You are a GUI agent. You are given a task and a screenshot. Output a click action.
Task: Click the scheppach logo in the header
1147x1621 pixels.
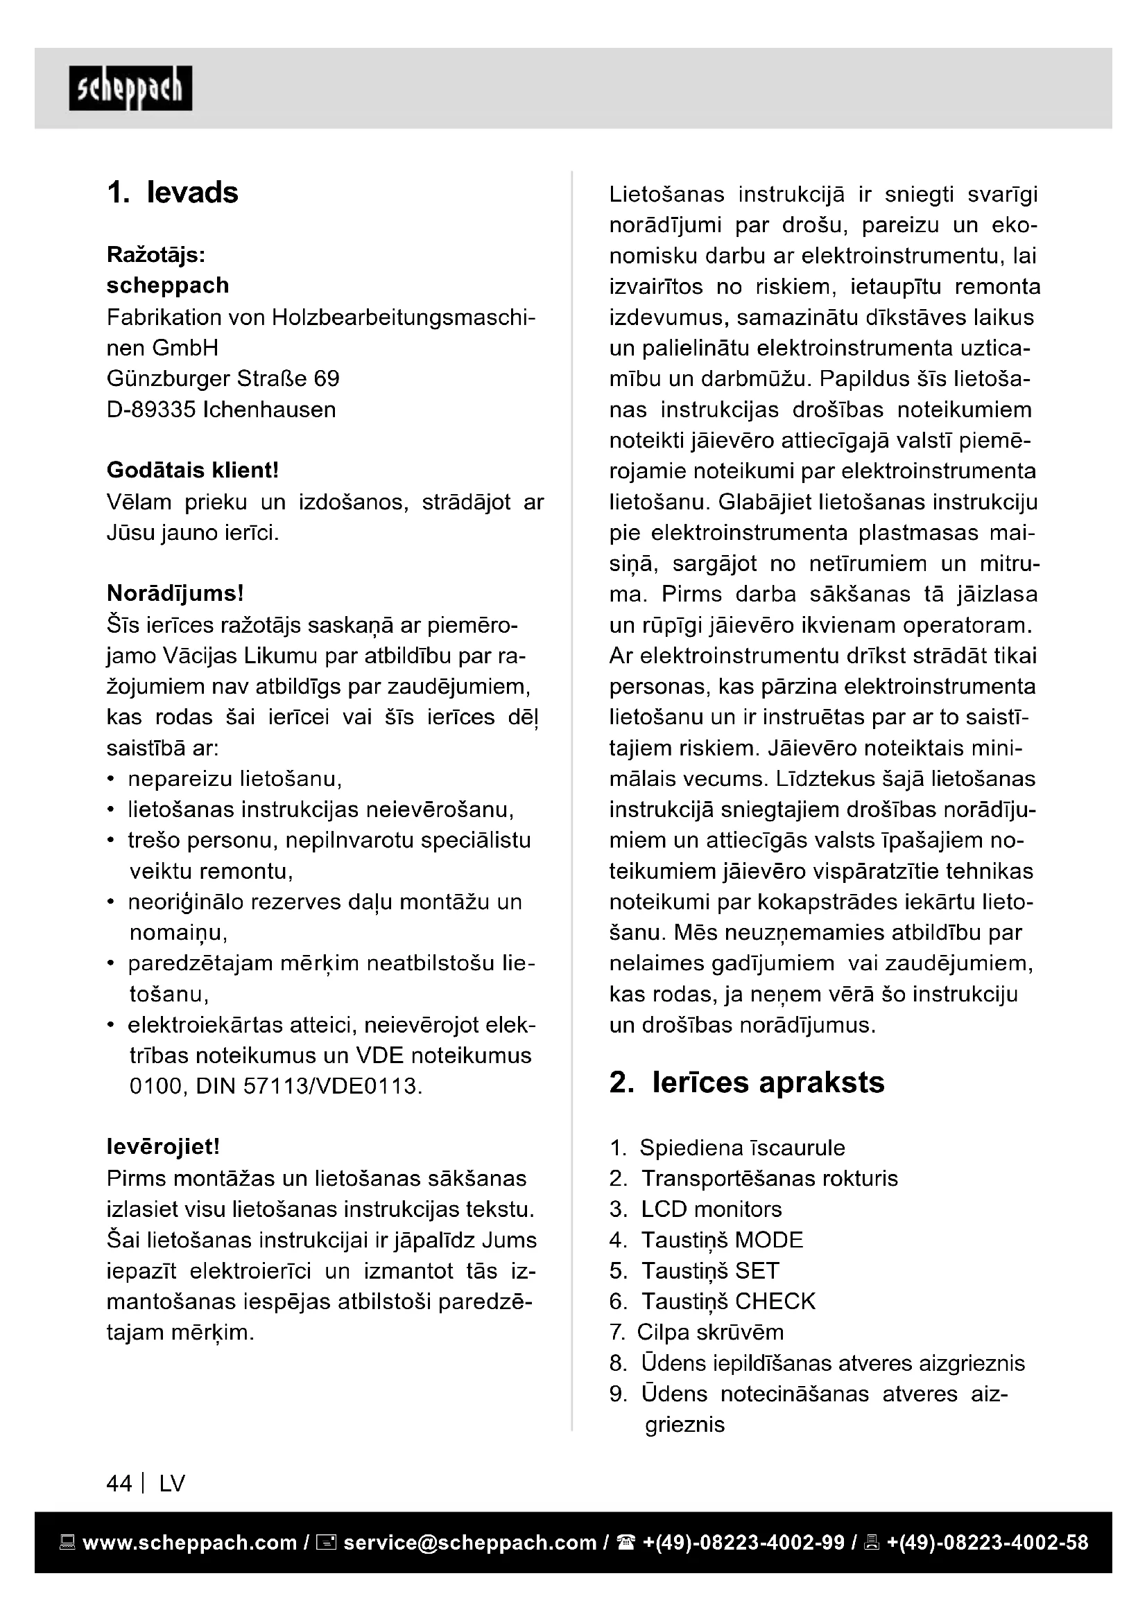click(x=130, y=89)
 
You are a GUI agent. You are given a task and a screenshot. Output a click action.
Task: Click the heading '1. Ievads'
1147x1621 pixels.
click(x=173, y=193)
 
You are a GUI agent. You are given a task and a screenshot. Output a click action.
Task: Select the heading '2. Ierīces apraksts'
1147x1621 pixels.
click(x=747, y=1083)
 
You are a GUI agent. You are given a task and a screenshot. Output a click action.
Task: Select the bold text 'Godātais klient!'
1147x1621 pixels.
click(x=193, y=470)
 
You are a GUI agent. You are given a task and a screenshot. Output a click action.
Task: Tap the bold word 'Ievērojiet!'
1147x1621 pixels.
click(x=163, y=1146)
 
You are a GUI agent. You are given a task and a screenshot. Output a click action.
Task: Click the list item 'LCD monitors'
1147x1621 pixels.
click(x=712, y=1209)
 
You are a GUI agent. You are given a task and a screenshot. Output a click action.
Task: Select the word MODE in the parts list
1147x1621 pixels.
click(x=768, y=1240)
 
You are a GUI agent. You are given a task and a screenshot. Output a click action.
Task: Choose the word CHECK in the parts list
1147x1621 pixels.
click(x=775, y=1302)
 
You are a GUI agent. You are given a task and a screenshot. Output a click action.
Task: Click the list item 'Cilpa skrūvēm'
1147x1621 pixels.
click(x=710, y=1332)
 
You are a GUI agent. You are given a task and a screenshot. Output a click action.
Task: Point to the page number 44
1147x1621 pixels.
click(x=119, y=1483)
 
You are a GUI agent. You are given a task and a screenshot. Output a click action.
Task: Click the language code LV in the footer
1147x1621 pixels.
click(x=171, y=1483)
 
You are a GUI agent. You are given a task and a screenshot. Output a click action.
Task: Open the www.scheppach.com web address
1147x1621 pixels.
click(x=189, y=1543)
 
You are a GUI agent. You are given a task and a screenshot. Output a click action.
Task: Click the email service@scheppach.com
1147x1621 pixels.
click(x=469, y=1543)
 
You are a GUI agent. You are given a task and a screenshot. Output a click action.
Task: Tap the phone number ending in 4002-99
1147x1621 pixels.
click(x=743, y=1543)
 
